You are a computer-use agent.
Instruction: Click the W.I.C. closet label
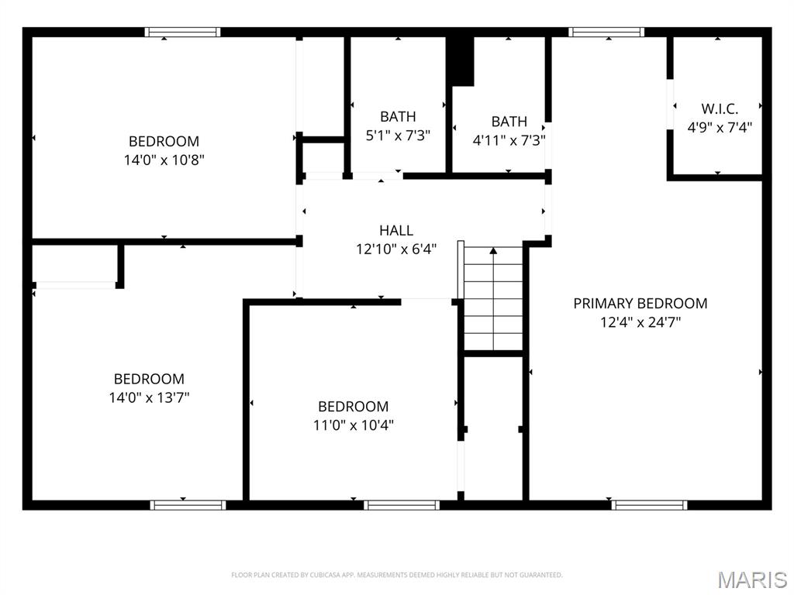pyautogui.click(x=719, y=108)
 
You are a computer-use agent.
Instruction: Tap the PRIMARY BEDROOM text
pyautogui.click(x=640, y=304)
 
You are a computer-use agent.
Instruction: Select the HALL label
pyautogui.click(x=396, y=230)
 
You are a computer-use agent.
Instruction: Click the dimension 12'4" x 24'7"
pyautogui.click(x=640, y=322)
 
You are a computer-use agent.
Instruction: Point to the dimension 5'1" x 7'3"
pyautogui.click(x=398, y=135)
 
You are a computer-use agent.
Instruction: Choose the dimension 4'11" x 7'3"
pyautogui.click(x=509, y=140)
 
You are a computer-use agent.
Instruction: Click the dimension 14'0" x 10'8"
pyautogui.click(x=164, y=160)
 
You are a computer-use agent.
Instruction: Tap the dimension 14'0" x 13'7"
pyautogui.click(x=149, y=397)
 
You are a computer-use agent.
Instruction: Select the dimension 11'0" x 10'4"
pyautogui.click(x=353, y=425)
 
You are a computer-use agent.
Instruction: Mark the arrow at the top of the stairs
pyautogui.click(x=493, y=251)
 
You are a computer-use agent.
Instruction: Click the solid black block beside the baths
pyautogui.click(x=461, y=60)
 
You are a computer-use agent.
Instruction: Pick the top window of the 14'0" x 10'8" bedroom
pyautogui.click(x=183, y=33)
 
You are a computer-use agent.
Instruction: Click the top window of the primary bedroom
pyautogui.click(x=606, y=33)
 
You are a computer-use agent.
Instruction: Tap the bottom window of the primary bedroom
pyautogui.click(x=649, y=505)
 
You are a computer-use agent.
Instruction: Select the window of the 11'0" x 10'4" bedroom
pyautogui.click(x=402, y=505)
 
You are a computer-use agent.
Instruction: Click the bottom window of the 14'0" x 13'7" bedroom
pyautogui.click(x=188, y=505)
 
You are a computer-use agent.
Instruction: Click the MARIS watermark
pyautogui.click(x=752, y=579)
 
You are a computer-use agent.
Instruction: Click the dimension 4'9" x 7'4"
pyautogui.click(x=719, y=127)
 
